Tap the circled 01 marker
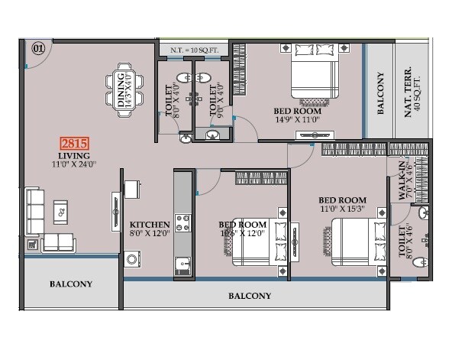click(x=38, y=48)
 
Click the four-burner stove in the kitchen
click(x=182, y=222)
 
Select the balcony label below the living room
click(x=71, y=284)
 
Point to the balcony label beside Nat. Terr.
click(x=380, y=93)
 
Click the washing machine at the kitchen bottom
click(x=133, y=260)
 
